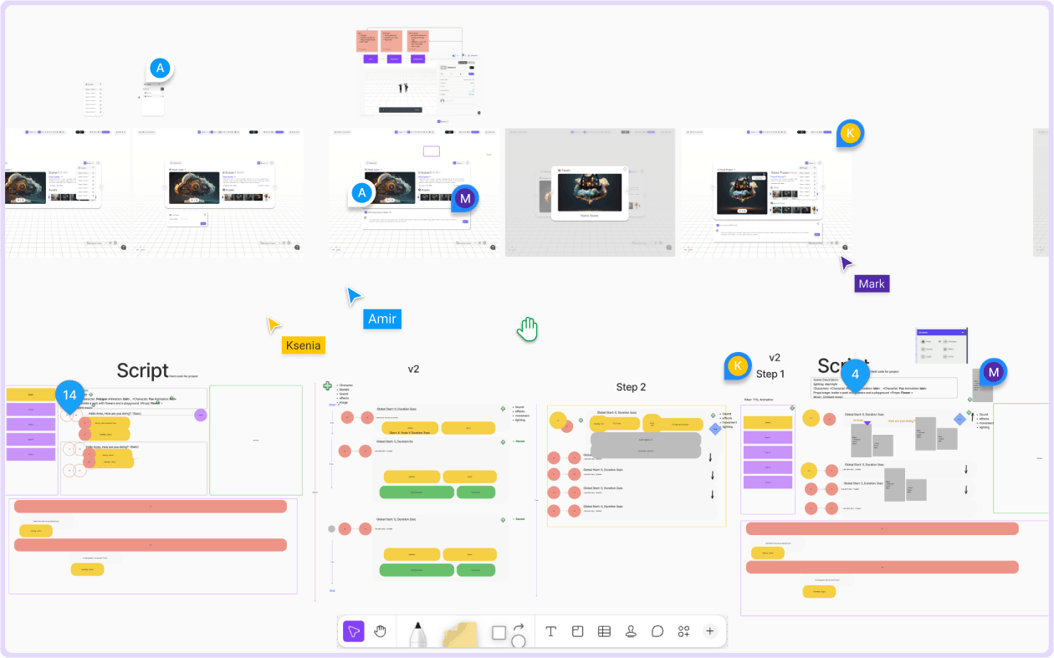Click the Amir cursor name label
pos(382,319)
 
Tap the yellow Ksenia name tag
pos(303,344)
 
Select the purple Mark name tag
pos(871,283)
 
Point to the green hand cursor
pos(526,329)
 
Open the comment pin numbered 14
pos(70,395)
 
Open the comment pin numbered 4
pos(855,374)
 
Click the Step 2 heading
pos(632,387)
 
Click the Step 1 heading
pos(770,374)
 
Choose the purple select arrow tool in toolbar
pos(354,631)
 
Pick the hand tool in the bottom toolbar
pos(380,631)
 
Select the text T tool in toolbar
pos(550,631)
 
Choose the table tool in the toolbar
pos(604,631)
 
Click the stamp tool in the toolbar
pos(631,631)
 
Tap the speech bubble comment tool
pos(657,631)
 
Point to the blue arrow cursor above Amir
pos(355,295)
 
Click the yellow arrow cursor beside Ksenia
pos(274,325)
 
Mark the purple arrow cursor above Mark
pos(847,263)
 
